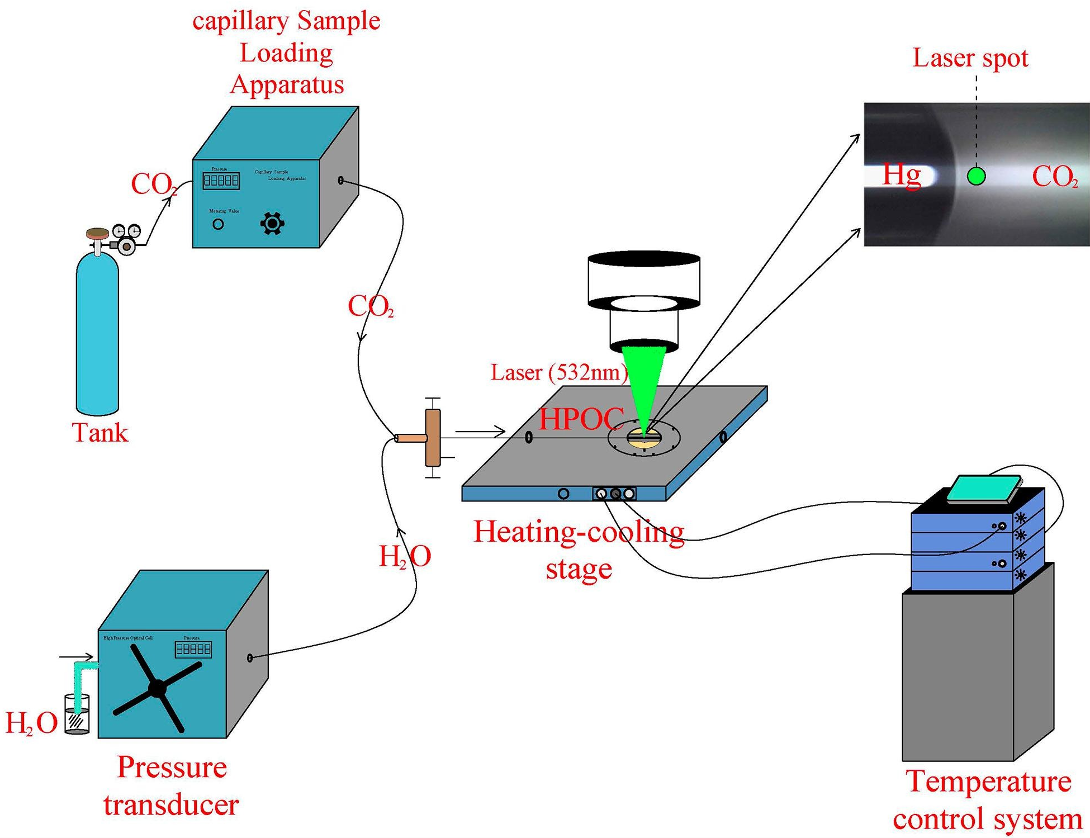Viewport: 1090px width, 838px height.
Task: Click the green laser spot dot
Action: [x=976, y=176]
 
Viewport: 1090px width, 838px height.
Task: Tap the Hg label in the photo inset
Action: [x=901, y=175]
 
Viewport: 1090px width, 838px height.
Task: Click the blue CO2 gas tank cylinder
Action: [x=97, y=335]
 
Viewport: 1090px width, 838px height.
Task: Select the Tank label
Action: [x=100, y=433]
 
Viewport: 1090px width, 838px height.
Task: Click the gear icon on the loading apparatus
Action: [x=272, y=223]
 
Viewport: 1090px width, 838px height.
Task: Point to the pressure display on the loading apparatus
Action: [x=221, y=180]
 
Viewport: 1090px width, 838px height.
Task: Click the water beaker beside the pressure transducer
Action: [x=77, y=714]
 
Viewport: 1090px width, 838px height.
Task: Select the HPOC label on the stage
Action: [x=581, y=418]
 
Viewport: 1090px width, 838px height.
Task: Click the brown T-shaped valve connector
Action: [x=432, y=438]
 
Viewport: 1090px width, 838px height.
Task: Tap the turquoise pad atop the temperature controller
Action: [x=984, y=489]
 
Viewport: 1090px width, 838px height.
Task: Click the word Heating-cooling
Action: [x=579, y=532]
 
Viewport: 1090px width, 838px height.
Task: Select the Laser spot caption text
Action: [x=970, y=58]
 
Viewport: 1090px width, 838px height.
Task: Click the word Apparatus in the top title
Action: [x=287, y=84]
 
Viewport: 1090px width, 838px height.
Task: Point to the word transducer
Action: [x=171, y=805]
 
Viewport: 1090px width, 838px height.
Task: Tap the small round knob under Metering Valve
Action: [x=218, y=224]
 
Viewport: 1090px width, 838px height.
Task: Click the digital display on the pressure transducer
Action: [x=193, y=649]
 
